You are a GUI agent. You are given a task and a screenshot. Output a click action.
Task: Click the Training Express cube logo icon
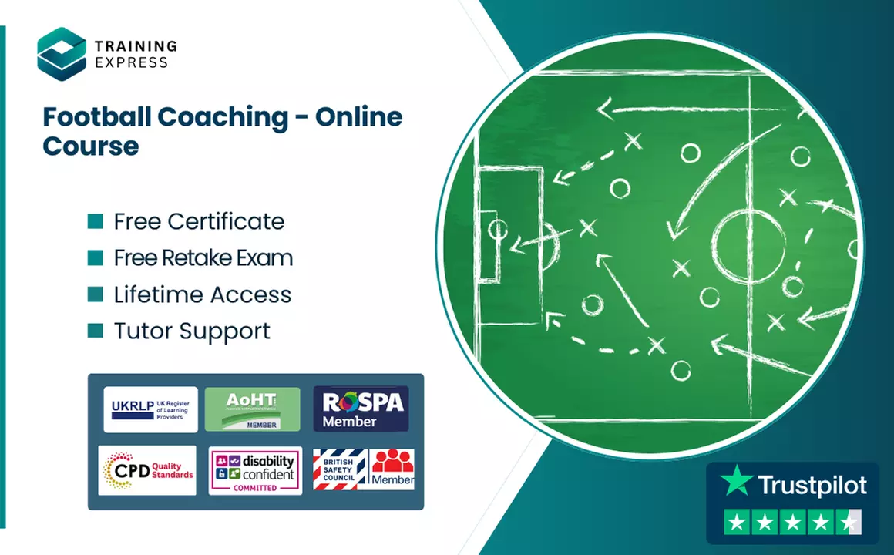[x=62, y=52]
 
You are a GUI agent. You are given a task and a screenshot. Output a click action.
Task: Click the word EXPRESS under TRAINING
[x=131, y=62]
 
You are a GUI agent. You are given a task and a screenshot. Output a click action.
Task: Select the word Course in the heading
[x=91, y=145]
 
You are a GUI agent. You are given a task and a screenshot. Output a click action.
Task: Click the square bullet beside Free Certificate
[x=96, y=222]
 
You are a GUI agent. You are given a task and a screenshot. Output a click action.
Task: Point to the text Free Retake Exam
[x=203, y=258]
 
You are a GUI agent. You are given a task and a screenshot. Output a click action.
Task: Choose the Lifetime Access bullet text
[x=203, y=294]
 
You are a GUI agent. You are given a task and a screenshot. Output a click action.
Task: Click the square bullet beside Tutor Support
[x=96, y=331]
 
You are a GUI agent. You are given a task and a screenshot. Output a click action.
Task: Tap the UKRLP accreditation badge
[x=150, y=409]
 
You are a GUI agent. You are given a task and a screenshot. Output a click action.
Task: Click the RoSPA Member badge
[x=361, y=409]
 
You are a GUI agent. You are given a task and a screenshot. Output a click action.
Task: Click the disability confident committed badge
[x=254, y=470]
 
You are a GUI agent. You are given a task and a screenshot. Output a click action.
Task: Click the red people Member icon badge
[x=393, y=469]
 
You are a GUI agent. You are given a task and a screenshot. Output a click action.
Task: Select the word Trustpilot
[x=812, y=485]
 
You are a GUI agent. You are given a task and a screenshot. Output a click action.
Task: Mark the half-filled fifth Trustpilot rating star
[x=849, y=523]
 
